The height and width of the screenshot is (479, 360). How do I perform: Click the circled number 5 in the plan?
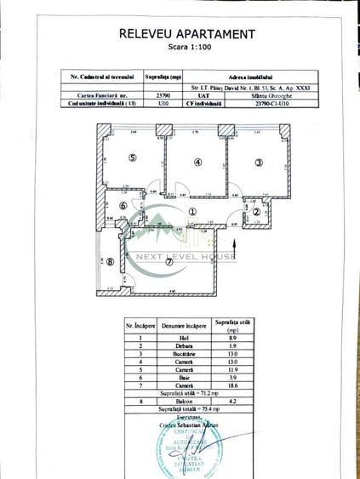pyautogui.click(x=133, y=158)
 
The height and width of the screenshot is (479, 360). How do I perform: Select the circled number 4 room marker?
pyautogui.click(x=197, y=162)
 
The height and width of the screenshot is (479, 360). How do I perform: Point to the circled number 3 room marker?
pyautogui.click(x=259, y=162)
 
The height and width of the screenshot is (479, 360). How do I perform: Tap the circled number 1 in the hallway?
pyautogui.click(x=192, y=214)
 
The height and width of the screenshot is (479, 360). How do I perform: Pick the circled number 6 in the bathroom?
pyautogui.click(x=123, y=205)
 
